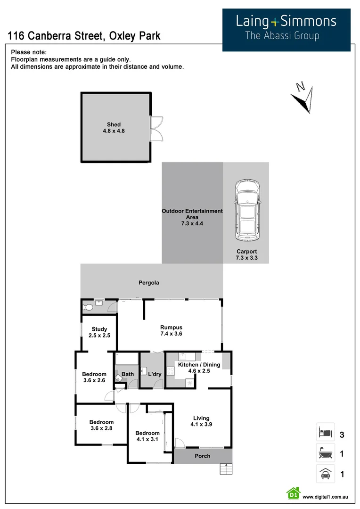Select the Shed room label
[x=114, y=128]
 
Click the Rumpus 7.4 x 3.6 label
[x=171, y=330]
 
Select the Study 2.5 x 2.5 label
[x=99, y=332]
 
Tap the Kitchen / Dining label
[x=198, y=368]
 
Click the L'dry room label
[x=155, y=374]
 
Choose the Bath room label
[x=128, y=374]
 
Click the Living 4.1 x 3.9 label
[x=201, y=421]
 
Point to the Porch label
[x=203, y=456]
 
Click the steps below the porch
[x=226, y=469]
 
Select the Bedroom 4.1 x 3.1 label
[x=147, y=436]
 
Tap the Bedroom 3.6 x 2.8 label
[x=101, y=425]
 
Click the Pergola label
[x=148, y=283]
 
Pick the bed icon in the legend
[x=325, y=432]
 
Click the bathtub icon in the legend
[x=325, y=453]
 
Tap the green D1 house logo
[x=293, y=494]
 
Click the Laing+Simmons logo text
[x=286, y=21]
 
